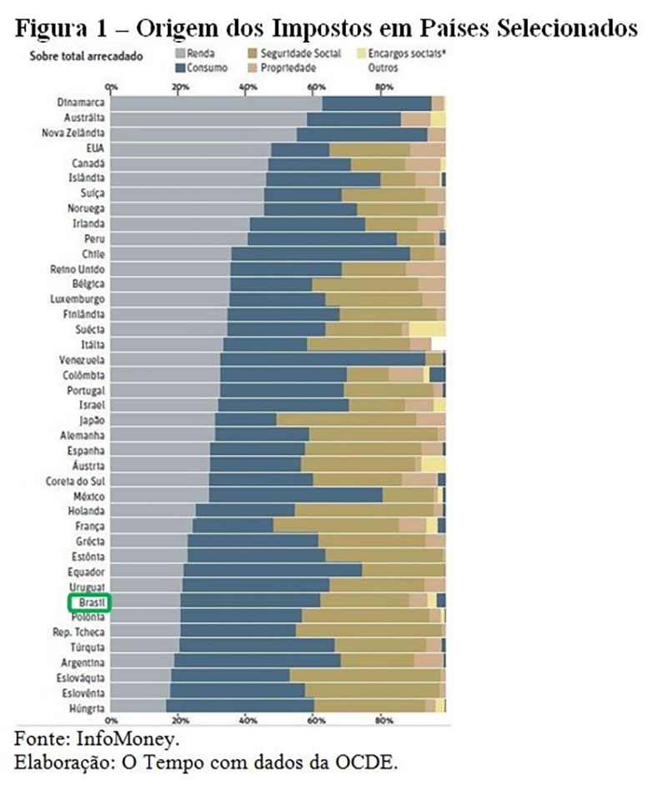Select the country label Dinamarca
82,102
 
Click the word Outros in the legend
383,67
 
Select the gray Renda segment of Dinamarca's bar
217,102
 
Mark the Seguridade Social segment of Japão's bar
359,419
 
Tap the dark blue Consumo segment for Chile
320,253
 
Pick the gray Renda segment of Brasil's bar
146,601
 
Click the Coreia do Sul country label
76,481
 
